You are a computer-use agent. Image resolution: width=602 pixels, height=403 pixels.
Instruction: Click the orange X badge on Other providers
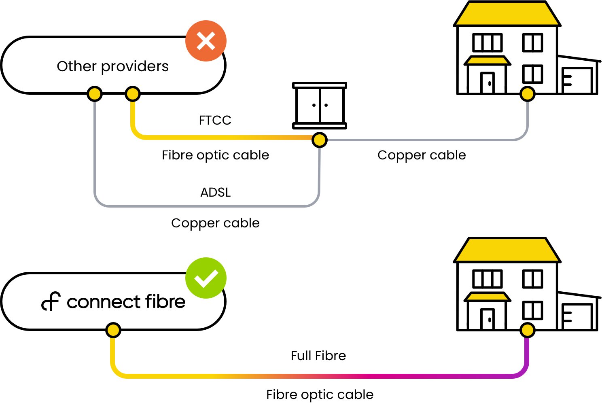point(206,41)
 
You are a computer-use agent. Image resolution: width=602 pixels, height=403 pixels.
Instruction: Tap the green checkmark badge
point(206,278)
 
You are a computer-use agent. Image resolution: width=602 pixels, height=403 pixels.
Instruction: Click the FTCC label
point(215,120)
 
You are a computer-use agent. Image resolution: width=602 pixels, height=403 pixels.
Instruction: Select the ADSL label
point(215,192)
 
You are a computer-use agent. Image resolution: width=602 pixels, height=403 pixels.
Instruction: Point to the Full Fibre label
point(318,356)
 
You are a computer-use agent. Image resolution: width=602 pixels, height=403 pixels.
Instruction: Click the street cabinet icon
point(319,105)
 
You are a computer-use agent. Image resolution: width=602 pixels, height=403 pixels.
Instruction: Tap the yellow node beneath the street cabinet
point(319,140)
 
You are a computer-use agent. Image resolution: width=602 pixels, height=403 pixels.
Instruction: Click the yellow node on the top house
point(527,94)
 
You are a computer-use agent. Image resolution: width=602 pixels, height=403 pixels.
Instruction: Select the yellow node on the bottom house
point(527,330)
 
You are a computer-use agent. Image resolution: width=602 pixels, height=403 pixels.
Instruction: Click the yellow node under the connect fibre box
point(113,330)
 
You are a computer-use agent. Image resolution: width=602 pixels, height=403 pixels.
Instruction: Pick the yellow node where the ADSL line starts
point(94,94)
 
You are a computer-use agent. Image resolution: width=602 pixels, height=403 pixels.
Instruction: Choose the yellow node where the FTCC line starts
point(132,94)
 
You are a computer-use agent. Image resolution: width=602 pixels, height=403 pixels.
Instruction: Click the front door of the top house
point(488,83)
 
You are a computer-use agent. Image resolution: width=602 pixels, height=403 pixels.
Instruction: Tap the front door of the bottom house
point(488,319)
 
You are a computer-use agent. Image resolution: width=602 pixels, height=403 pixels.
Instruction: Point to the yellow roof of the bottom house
point(507,250)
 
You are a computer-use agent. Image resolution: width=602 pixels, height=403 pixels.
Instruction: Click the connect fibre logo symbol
point(51,301)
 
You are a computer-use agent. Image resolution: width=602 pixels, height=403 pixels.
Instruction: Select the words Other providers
point(112,66)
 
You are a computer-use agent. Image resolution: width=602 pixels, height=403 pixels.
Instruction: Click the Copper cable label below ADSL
point(215,223)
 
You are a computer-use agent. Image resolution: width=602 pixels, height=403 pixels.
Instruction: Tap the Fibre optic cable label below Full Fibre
point(320,395)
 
